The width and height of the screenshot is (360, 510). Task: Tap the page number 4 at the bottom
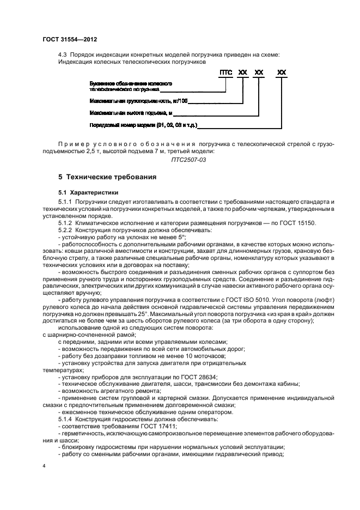tap(45, 466)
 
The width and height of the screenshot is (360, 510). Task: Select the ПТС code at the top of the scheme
tap(225, 72)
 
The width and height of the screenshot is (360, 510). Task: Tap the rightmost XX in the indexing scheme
tap(282, 72)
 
